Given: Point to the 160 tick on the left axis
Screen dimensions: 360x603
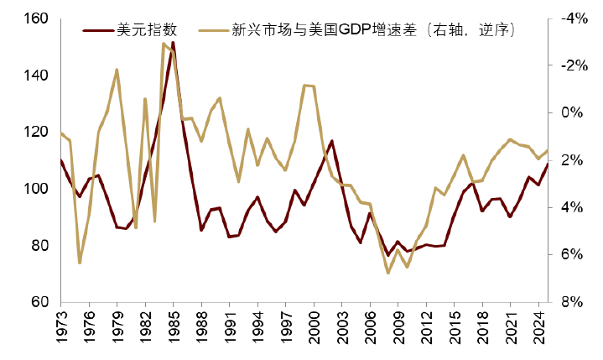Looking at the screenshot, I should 38,18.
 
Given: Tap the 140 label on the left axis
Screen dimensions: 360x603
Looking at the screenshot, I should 38,76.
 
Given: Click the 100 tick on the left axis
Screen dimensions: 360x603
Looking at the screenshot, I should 38,189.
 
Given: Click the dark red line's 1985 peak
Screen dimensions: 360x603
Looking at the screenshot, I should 173,42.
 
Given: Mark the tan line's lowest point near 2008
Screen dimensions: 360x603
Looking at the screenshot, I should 388,273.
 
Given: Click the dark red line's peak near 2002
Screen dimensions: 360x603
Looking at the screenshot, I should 332,141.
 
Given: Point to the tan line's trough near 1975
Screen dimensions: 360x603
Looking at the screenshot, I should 80,263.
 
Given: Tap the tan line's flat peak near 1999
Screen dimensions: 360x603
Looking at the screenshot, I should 308,86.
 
